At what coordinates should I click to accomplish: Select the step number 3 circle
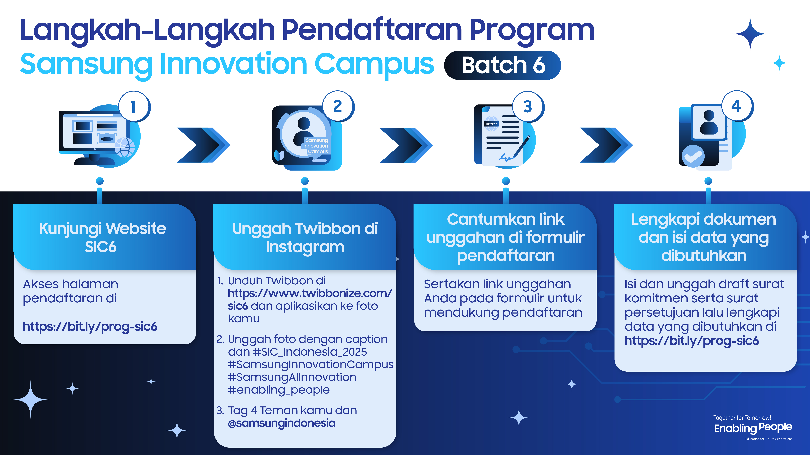528,107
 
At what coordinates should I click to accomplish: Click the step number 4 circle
737,106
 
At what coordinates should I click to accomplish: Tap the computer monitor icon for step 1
94,132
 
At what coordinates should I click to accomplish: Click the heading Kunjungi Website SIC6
102,237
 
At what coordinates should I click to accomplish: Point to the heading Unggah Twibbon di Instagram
305,237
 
